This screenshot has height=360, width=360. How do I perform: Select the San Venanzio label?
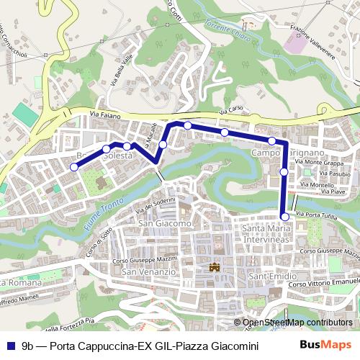(149, 272)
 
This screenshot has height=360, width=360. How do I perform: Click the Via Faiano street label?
(104, 114)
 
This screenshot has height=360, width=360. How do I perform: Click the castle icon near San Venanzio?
(213, 268)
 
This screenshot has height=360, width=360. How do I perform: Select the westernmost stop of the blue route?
(73, 167)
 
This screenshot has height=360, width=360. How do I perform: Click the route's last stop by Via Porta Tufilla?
(285, 217)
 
